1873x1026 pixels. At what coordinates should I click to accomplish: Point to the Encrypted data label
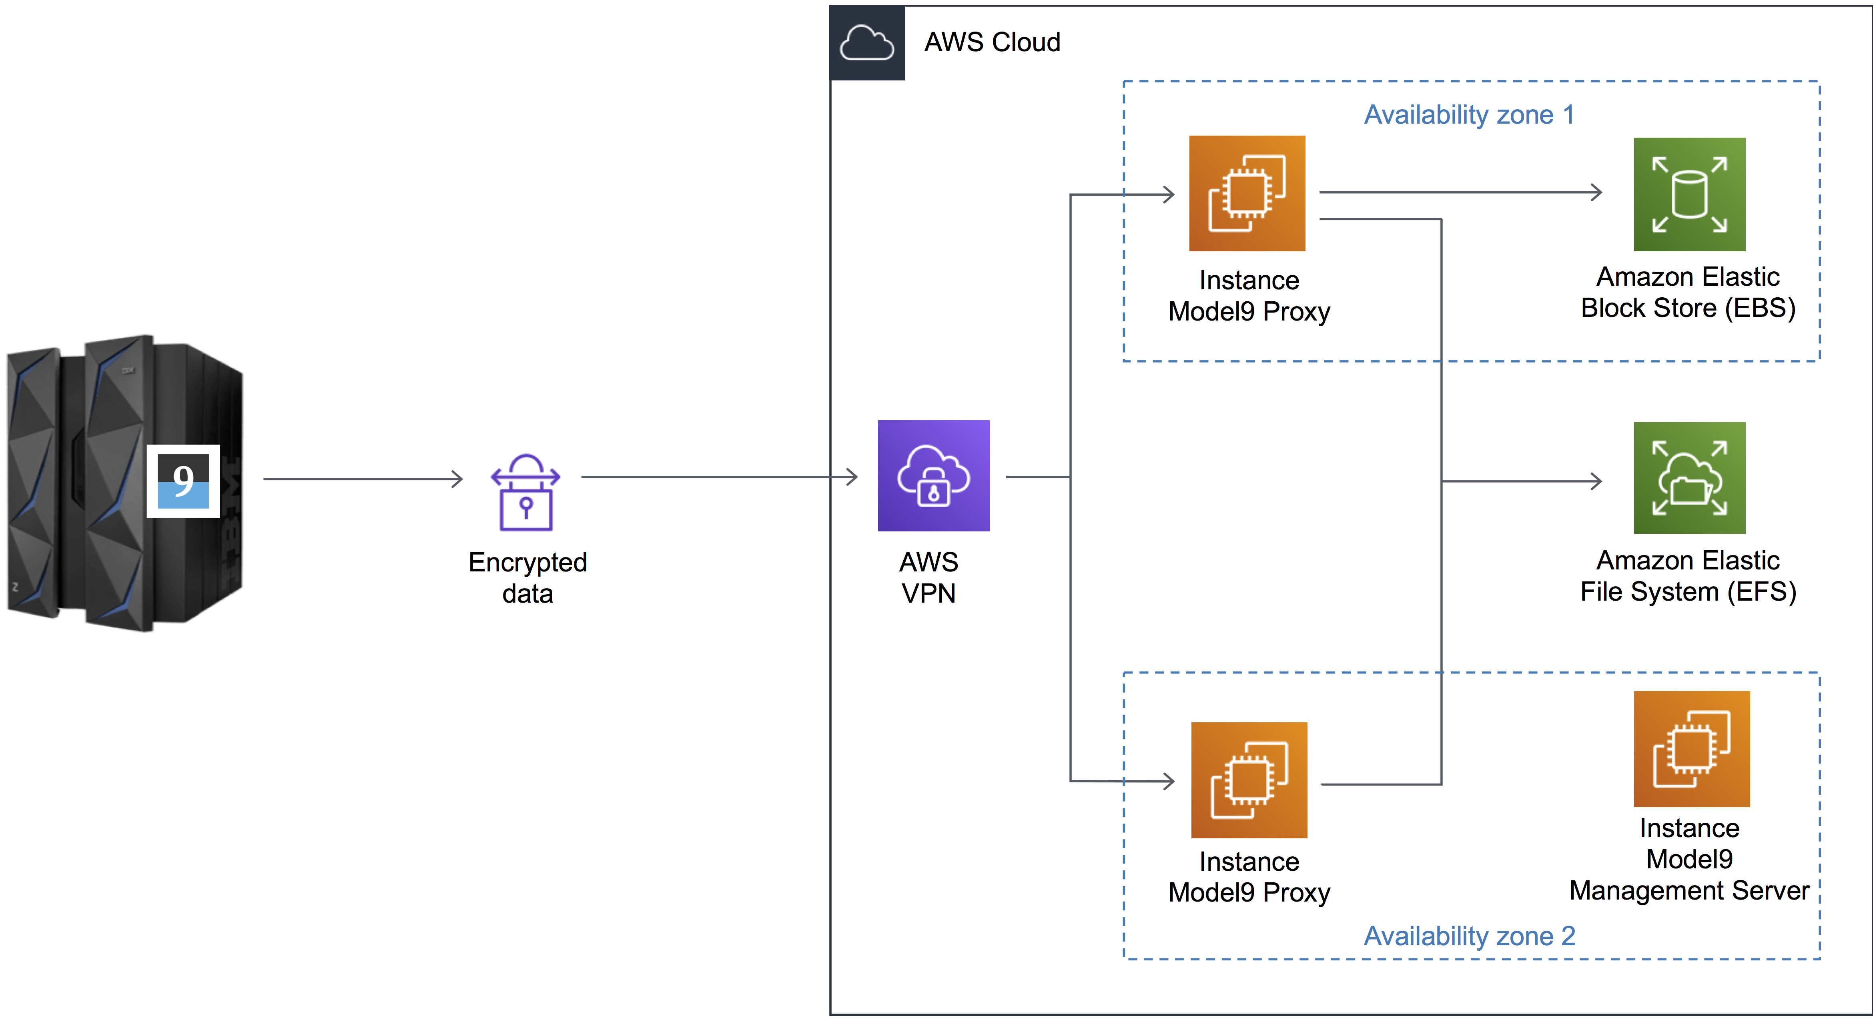(x=527, y=578)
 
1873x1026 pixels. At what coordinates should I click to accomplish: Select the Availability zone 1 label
(x=1469, y=115)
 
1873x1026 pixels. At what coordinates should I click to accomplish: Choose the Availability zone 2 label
(x=1469, y=936)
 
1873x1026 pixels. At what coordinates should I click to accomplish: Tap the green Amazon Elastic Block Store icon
(x=1689, y=194)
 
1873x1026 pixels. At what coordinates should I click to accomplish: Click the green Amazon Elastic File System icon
(x=1689, y=478)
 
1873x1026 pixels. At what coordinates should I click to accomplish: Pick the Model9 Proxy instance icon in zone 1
(x=1247, y=193)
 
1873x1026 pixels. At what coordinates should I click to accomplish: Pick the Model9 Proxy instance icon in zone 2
(x=1248, y=780)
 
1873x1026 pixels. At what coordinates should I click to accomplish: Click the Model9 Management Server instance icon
(x=1691, y=749)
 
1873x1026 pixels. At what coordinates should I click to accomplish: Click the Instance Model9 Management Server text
(x=1689, y=860)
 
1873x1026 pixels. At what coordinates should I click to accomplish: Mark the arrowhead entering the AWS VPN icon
(x=852, y=477)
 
